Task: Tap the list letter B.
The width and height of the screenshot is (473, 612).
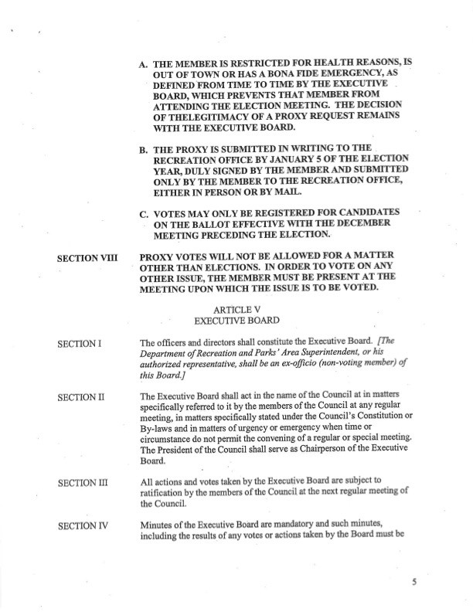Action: [x=143, y=147]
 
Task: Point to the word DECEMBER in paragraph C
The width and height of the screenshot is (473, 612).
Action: [x=363, y=224]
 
